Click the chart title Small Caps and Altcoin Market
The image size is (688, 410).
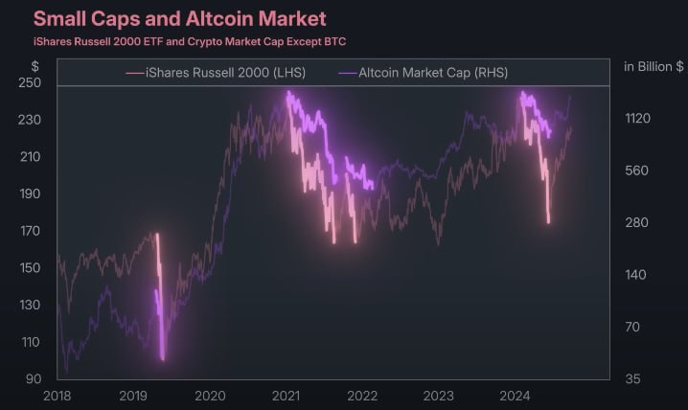click(x=180, y=18)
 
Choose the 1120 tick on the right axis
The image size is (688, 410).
click(x=637, y=119)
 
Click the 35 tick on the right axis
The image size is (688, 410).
click(x=632, y=378)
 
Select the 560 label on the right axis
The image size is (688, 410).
click(x=636, y=171)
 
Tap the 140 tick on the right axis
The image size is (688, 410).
click(x=636, y=274)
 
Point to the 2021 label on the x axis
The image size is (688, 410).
click(x=286, y=395)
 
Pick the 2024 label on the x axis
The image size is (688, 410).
click(x=515, y=395)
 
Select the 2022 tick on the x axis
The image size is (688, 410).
click(x=362, y=395)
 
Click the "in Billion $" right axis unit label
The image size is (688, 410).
click(x=654, y=66)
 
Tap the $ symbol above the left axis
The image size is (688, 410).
click(x=35, y=66)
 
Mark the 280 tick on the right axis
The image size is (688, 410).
click(x=636, y=222)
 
